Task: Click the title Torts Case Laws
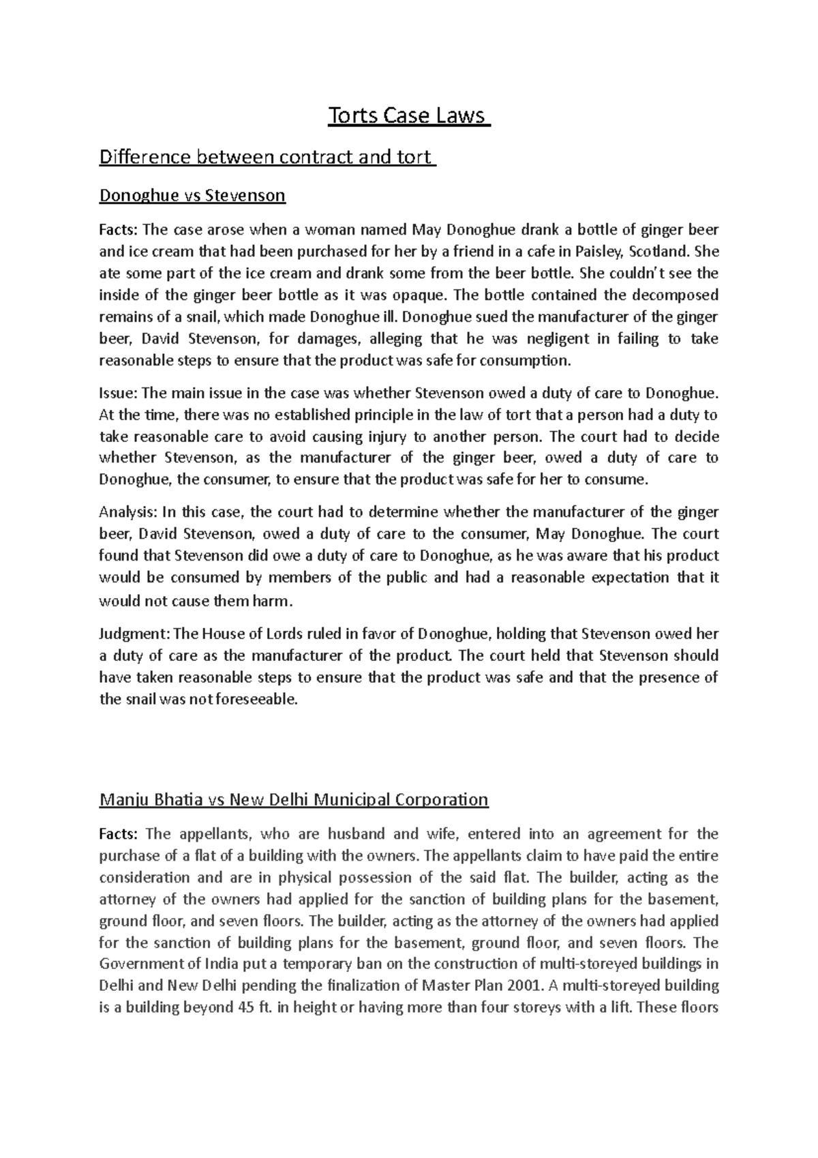coord(409,116)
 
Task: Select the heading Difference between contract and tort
coord(267,158)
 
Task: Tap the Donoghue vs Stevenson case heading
coord(192,196)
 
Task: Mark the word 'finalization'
coord(367,985)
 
